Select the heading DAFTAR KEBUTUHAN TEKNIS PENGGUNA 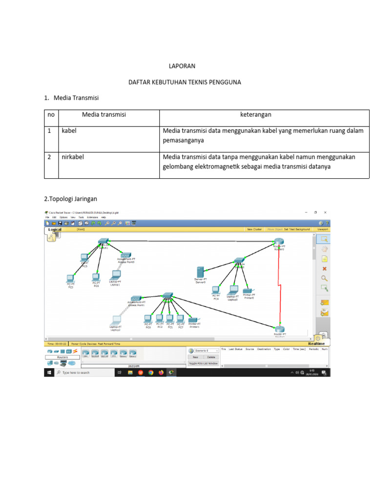pyautogui.click(x=185, y=82)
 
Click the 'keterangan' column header pyautogui.click(x=255, y=115)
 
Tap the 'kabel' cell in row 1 pyautogui.click(x=69, y=131)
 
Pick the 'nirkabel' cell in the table pyautogui.click(x=72, y=157)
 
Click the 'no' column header pyautogui.click(x=51, y=115)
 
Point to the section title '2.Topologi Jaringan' pyautogui.click(x=71, y=199)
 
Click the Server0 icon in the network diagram pyautogui.click(x=200, y=272)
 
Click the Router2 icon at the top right pyautogui.click(x=279, y=242)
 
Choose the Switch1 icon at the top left pyautogui.click(x=103, y=242)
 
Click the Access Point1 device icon pyautogui.click(x=136, y=298)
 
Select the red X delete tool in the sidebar pyautogui.click(x=324, y=268)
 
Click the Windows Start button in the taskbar pyautogui.click(x=49, y=373)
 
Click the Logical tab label pyautogui.click(x=55, y=229)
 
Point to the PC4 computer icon pyautogui.click(x=216, y=290)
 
